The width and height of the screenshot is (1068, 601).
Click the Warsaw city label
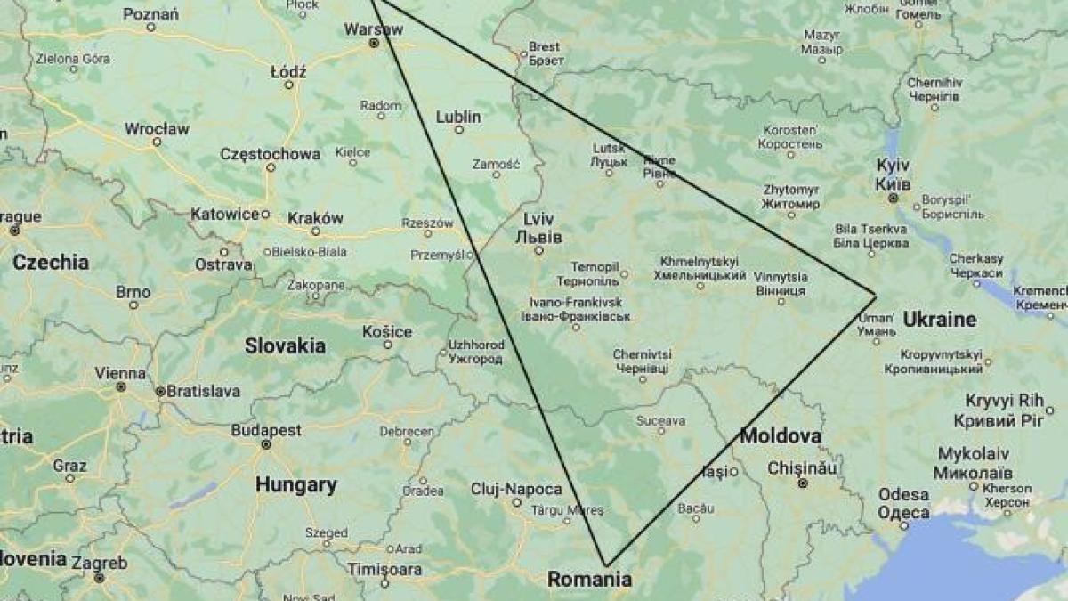coord(373,28)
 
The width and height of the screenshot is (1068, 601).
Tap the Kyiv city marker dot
coord(893,198)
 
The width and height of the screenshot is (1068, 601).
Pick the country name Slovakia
coord(285,345)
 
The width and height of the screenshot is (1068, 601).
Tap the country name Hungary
coord(295,485)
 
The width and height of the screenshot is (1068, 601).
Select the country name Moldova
coord(780,436)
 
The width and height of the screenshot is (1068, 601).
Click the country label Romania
coord(589,580)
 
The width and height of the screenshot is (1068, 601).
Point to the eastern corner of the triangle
coord(876,294)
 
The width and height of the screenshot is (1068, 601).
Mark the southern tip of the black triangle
coord(606,565)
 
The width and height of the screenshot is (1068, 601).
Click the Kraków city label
coord(315,218)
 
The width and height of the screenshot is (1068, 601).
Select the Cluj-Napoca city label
coord(516,489)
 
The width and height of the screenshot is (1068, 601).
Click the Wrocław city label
coord(157,128)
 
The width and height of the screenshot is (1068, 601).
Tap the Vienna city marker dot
coord(119,386)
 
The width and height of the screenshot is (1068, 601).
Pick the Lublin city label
coord(458,117)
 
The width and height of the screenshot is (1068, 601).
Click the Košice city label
coord(387,332)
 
